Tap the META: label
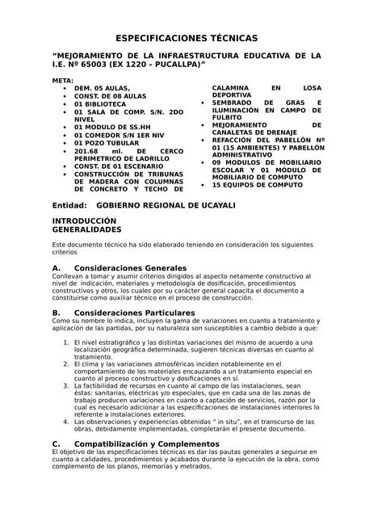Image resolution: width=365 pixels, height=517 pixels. [62, 82]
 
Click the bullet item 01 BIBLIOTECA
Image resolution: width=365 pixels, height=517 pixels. [100, 104]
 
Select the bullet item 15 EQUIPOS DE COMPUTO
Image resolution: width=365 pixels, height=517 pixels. [258, 185]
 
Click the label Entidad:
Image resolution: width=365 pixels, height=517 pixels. [69, 205]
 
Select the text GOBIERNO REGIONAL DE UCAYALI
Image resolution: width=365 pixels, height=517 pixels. [162, 205]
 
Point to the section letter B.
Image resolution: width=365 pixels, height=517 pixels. [56, 312]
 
